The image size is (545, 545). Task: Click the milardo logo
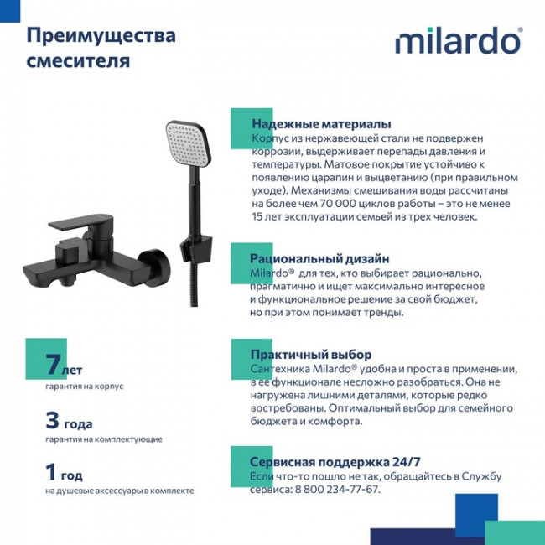(458, 40)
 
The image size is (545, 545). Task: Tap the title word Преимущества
(101, 36)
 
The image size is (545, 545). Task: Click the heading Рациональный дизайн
(319, 259)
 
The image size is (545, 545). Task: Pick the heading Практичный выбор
(310, 355)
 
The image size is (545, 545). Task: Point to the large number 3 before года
(53, 420)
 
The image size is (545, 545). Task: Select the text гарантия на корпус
(85, 387)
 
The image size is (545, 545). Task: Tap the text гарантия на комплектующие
(104, 439)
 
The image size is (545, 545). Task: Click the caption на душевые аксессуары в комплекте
(120, 490)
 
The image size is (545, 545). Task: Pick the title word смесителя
(78, 61)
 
